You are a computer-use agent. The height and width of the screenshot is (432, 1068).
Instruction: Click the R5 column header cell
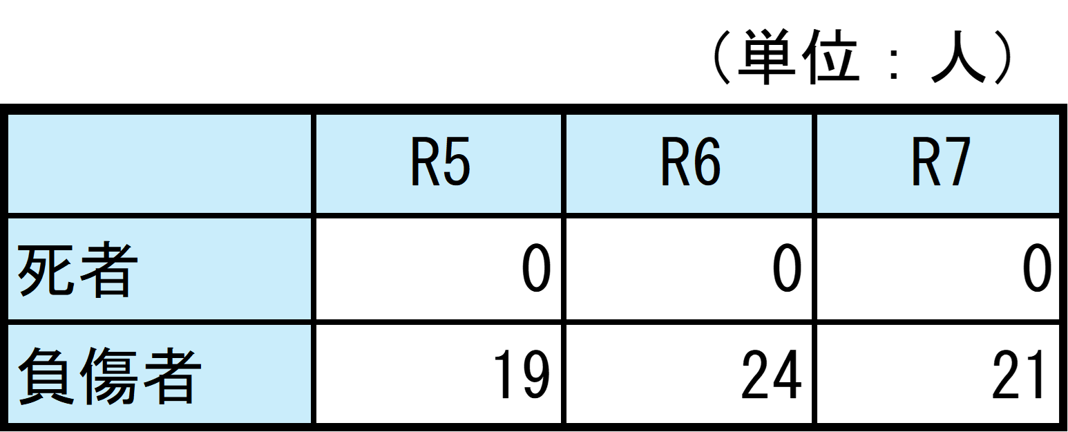tap(439, 164)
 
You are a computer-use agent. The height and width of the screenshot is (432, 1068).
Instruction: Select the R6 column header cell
tap(689, 164)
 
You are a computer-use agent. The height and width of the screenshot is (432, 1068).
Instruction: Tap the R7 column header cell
tap(938, 164)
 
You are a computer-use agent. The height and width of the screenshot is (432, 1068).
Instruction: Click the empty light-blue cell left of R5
tap(159, 164)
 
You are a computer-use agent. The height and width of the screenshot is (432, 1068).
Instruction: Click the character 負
tap(46, 375)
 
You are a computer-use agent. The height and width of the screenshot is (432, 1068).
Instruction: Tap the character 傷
tap(109, 375)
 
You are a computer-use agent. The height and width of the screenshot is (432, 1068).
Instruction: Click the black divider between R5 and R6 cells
tap(564, 164)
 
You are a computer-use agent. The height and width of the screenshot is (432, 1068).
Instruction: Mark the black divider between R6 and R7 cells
tap(814, 164)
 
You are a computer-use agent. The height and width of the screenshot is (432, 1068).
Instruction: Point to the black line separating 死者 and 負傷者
tap(159, 322)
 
